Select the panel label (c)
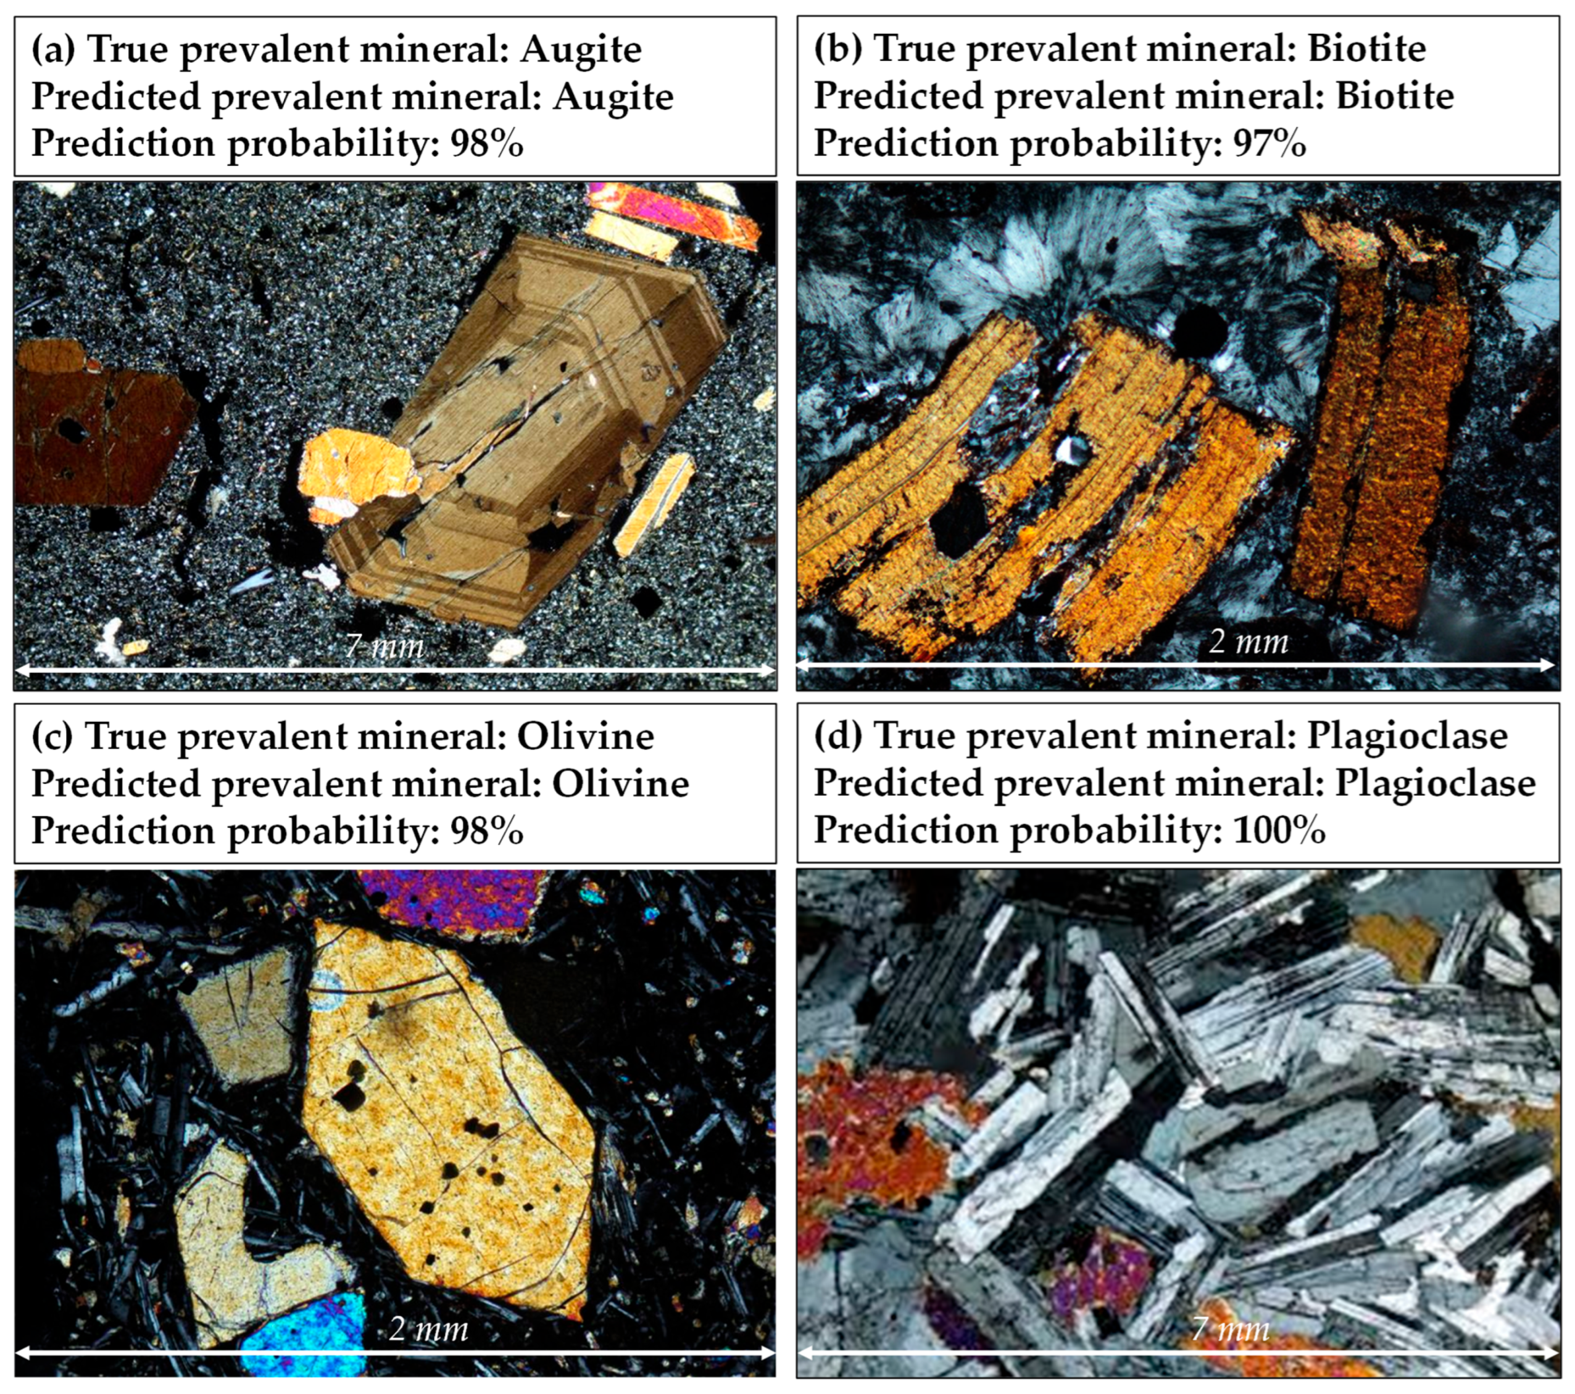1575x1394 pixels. click(x=52, y=736)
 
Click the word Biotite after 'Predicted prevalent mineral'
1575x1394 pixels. click(x=1395, y=96)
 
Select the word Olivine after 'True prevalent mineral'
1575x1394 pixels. click(x=586, y=736)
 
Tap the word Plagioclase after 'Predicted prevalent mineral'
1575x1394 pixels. click(x=1436, y=784)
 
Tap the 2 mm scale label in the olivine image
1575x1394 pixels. click(x=428, y=1329)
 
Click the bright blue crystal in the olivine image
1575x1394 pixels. click(x=304, y=1338)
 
